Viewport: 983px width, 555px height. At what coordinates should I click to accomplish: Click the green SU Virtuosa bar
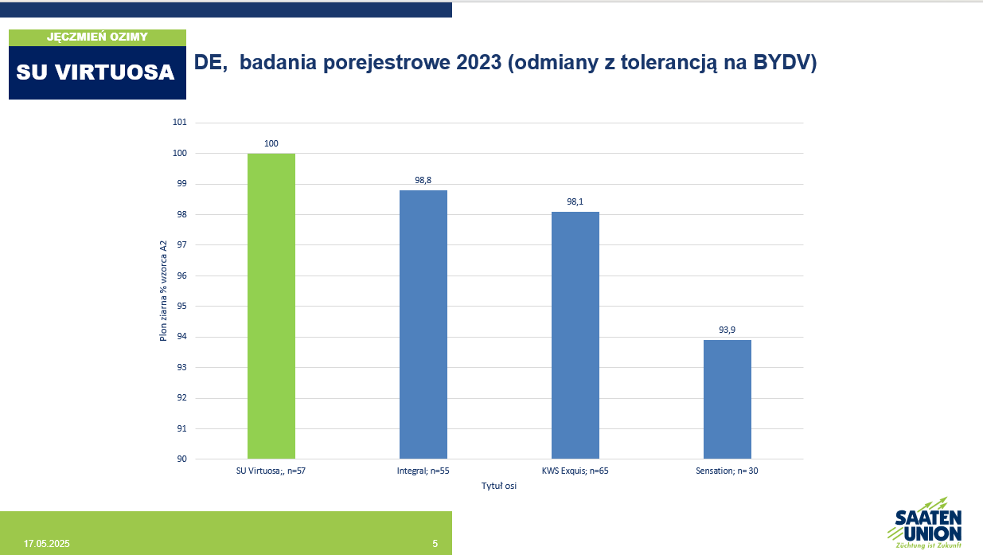coord(271,306)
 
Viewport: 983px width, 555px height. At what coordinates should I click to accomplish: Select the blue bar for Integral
coord(423,325)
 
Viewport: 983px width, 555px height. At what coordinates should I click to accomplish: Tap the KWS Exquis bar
coord(575,335)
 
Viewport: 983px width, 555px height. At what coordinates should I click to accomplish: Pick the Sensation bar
coord(727,399)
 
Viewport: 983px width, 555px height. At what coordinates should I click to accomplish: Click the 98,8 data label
coord(423,180)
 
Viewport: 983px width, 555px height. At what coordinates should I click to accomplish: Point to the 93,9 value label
coord(727,330)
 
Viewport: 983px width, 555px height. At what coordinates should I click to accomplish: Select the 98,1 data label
coord(575,201)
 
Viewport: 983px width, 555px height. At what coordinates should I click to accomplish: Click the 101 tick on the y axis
coord(179,122)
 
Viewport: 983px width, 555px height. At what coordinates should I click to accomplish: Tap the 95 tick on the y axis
coord(181,306)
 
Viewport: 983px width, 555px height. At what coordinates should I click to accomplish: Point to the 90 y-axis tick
coord(181,459)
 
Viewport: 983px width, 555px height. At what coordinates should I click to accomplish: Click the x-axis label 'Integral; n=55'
coord(423,471)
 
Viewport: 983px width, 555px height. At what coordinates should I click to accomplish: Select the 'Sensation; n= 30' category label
coord(727,471)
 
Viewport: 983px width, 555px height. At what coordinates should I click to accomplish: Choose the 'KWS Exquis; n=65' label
coord(575,471)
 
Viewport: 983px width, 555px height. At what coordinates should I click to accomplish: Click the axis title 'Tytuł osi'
coord(499,486)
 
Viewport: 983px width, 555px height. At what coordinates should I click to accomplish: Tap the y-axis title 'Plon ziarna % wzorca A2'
coord(163,291)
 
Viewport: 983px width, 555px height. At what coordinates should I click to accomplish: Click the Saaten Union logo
coord(926,523)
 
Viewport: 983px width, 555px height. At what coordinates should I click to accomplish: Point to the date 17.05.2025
coord(46,544)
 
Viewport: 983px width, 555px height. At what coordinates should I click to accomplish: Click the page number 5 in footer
coord(435,544)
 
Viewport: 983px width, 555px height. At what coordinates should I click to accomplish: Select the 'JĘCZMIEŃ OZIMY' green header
coord(97,37)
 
